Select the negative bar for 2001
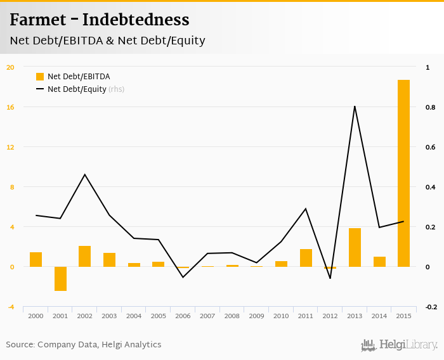(60, 279)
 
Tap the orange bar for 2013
(355, 247)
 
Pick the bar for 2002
(85, 256)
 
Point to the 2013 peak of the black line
(355, 106)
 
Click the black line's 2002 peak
(85, 174)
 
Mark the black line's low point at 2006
(183, 277)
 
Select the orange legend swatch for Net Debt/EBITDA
(40, 77)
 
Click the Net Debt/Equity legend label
(77, 89)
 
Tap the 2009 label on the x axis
(256, 316)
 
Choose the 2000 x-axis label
(36, 316)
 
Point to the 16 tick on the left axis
(10, 107)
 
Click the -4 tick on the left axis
(10, 307)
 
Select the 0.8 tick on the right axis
(430, 108)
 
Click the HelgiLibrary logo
(400, 345)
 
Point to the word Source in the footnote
(20, 345)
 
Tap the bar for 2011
(306, 258)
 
